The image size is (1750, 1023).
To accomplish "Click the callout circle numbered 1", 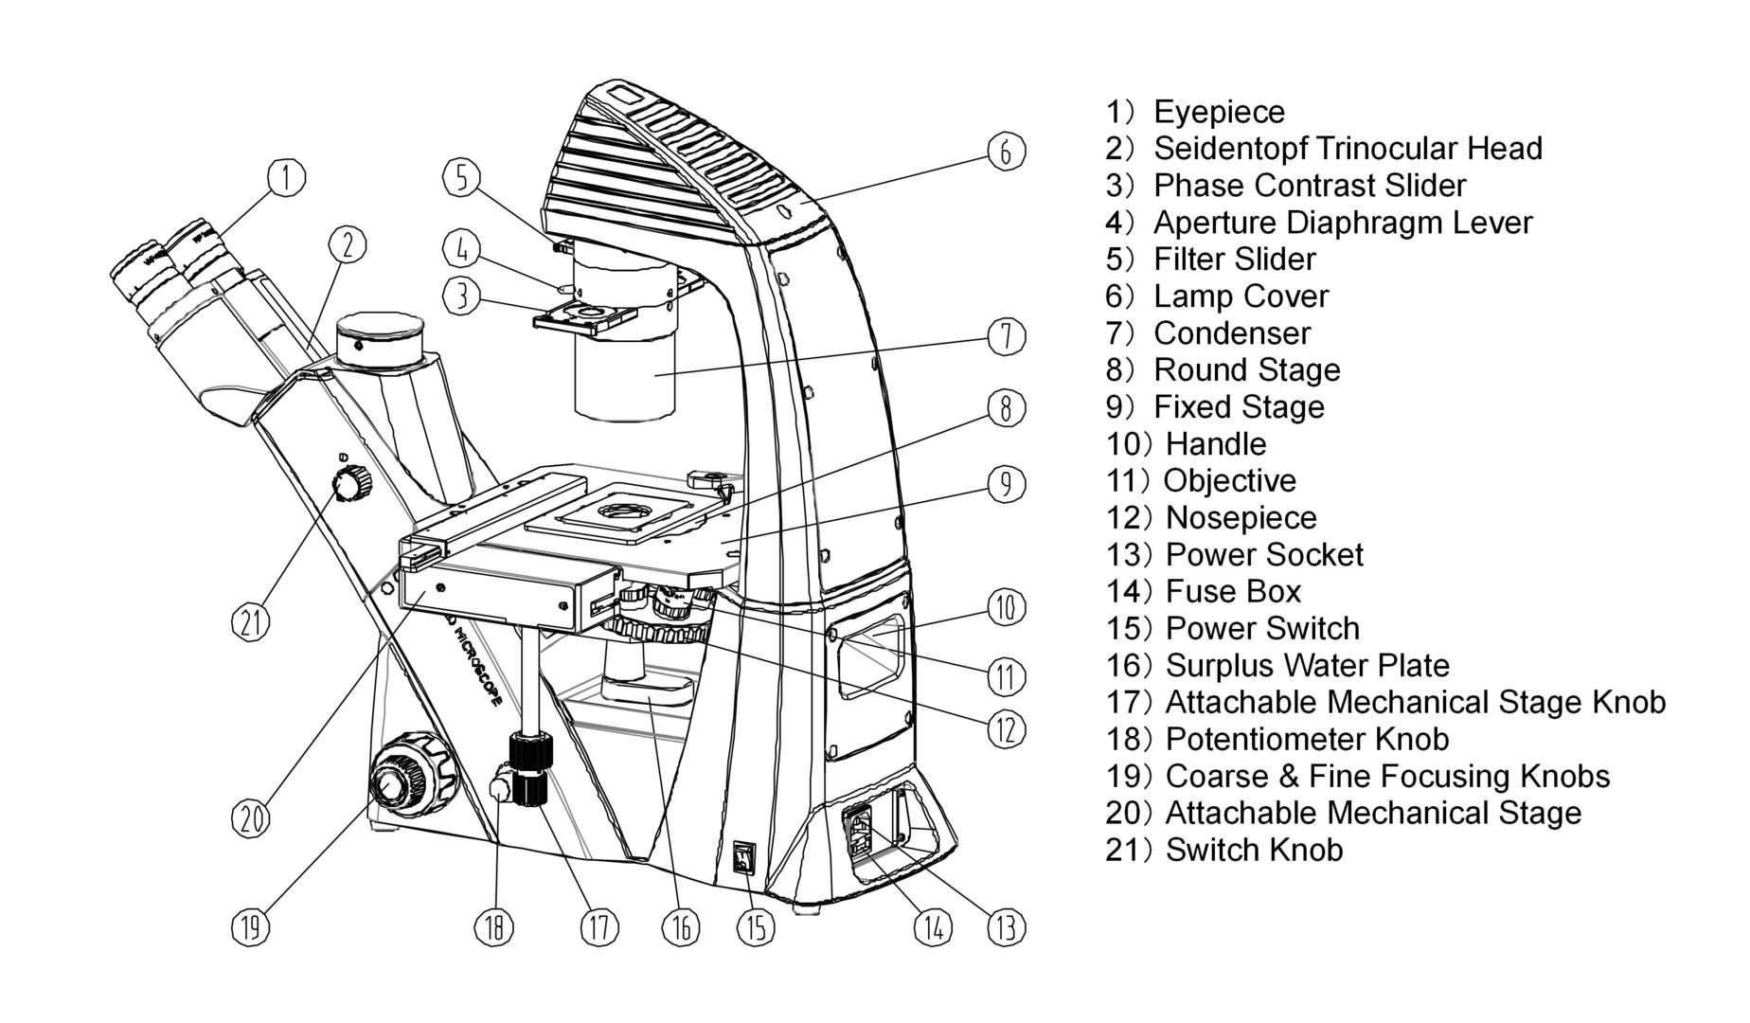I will pyautogui.click(x=286, y=176).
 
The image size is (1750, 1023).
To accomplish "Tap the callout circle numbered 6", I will pyautogui.click(x=1006, y=152).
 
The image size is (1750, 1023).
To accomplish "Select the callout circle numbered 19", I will pyautogui.click(x=251, y=925).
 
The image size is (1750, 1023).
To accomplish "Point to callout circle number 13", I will pyautogui.click(x=1006, y=925).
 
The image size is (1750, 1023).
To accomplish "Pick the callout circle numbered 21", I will pyautogui.click(x=251, y=621).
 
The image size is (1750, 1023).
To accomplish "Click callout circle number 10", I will pyautogui.click(x=1006, y=606).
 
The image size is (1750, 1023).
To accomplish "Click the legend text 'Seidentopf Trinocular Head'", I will pyautogui.click(x=1347, y=149).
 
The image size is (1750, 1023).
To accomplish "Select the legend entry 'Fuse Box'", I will pyautogui.click(x=1232, y=592).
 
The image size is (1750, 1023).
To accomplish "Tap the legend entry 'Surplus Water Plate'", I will pyautogui.click(x=1306, y=666).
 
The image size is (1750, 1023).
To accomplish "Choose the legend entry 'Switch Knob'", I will pyautogui.click(x=1253, y=851).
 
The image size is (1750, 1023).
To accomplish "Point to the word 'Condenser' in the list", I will pyautogui.click(x=1231, y=333).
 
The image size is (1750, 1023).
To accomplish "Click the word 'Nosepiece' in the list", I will pyautogui.click(x=1240, y=518).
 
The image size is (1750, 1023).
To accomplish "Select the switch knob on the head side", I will pyautogui.click(x=351, y=483).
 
